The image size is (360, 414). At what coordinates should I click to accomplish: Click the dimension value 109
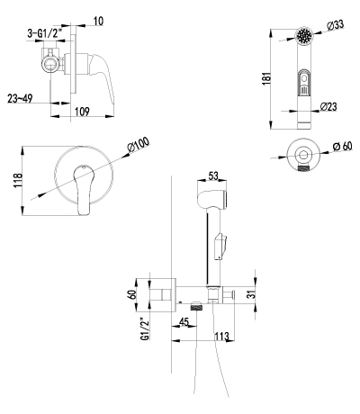pyautogui.click(x=82, y=112)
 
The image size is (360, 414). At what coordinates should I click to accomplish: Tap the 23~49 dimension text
pyautogui.click(x=20, y=98)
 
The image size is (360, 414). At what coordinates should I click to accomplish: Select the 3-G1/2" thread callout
pyautogui.click(x=46, y=33)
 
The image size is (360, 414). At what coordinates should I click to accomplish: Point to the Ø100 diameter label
pyautogui.click(x=139, y=146)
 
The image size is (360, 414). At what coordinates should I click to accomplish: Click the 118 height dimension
pyautogui.click(x=18, y=180)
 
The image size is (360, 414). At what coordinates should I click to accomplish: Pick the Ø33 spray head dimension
pyautogui.click(x=336, y=25)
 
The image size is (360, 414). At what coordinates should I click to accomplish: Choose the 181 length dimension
pyautogui.click(x=266, y=78)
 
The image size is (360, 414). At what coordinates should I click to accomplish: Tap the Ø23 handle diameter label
pyautogui.click(x=328, y=106)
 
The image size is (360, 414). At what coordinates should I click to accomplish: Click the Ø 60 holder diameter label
pyautogui.click(x=343, y=147)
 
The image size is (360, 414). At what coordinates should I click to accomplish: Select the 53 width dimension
pyautogui.click(x=213, y=175)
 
